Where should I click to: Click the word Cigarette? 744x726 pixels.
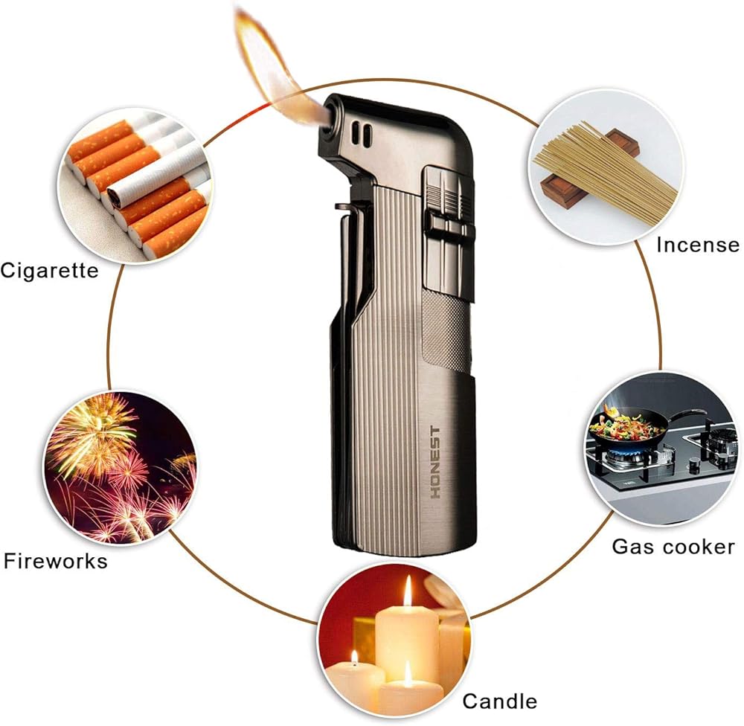tap(49, 271)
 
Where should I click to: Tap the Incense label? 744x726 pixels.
tap(698, 245)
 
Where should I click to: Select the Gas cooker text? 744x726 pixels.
tap(673, 547)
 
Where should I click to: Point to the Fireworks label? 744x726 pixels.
tap(56, 561)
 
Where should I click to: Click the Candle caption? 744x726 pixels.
tap(500, 701)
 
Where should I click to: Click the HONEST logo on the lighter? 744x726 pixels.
tap(435, 462)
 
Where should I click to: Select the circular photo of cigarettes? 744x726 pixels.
tap(135, 185)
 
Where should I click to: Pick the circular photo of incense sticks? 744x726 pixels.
tap(606, 167)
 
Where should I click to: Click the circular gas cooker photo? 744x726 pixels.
tap(664, 449)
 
